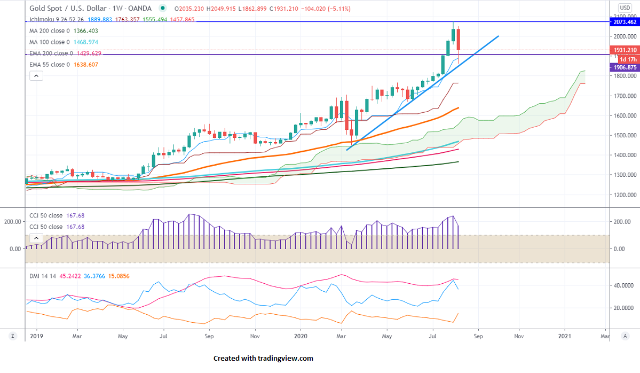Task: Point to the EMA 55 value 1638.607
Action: [86, 65]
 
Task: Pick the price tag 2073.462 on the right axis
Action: [624, 22]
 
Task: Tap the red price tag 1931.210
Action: [625, 50]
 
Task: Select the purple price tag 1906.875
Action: [624, 68]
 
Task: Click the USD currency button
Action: [625, 7]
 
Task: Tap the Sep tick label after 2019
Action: [209, 337]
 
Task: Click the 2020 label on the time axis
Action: [301, 337]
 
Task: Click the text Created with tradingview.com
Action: [263, 359]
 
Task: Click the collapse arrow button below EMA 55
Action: [36, 76]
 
